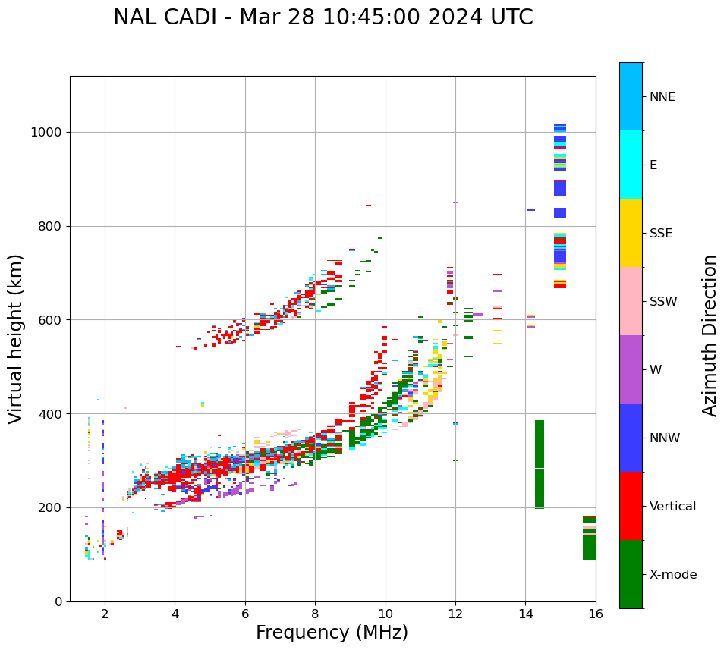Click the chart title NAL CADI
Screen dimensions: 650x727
click(323, 17)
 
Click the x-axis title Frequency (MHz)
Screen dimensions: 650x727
click(332, 633)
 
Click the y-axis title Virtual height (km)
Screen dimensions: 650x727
click(16, 339)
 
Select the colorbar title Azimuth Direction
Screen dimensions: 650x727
click(710, 335)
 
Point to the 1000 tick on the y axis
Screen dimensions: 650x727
click(46, 132)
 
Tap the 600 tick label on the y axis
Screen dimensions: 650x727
click(50, 320)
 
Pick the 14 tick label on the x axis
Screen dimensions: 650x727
click(525, 614)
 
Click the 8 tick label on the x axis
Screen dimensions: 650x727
click(315, 614)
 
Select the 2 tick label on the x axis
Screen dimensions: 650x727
click(105, 614)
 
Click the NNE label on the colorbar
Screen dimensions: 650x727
click(662, 97)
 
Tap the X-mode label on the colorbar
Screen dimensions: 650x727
click(673, 575)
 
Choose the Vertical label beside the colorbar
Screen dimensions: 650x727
click(672, 507)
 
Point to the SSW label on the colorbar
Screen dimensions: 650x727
click(663, 302)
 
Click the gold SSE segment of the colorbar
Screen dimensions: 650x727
click(631, 233)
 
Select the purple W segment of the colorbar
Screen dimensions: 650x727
click(631, 369)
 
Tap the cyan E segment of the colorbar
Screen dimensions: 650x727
click(631, 165)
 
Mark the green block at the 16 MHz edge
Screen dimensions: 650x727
click(589, 539)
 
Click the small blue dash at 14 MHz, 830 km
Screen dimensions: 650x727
click(530, 210)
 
